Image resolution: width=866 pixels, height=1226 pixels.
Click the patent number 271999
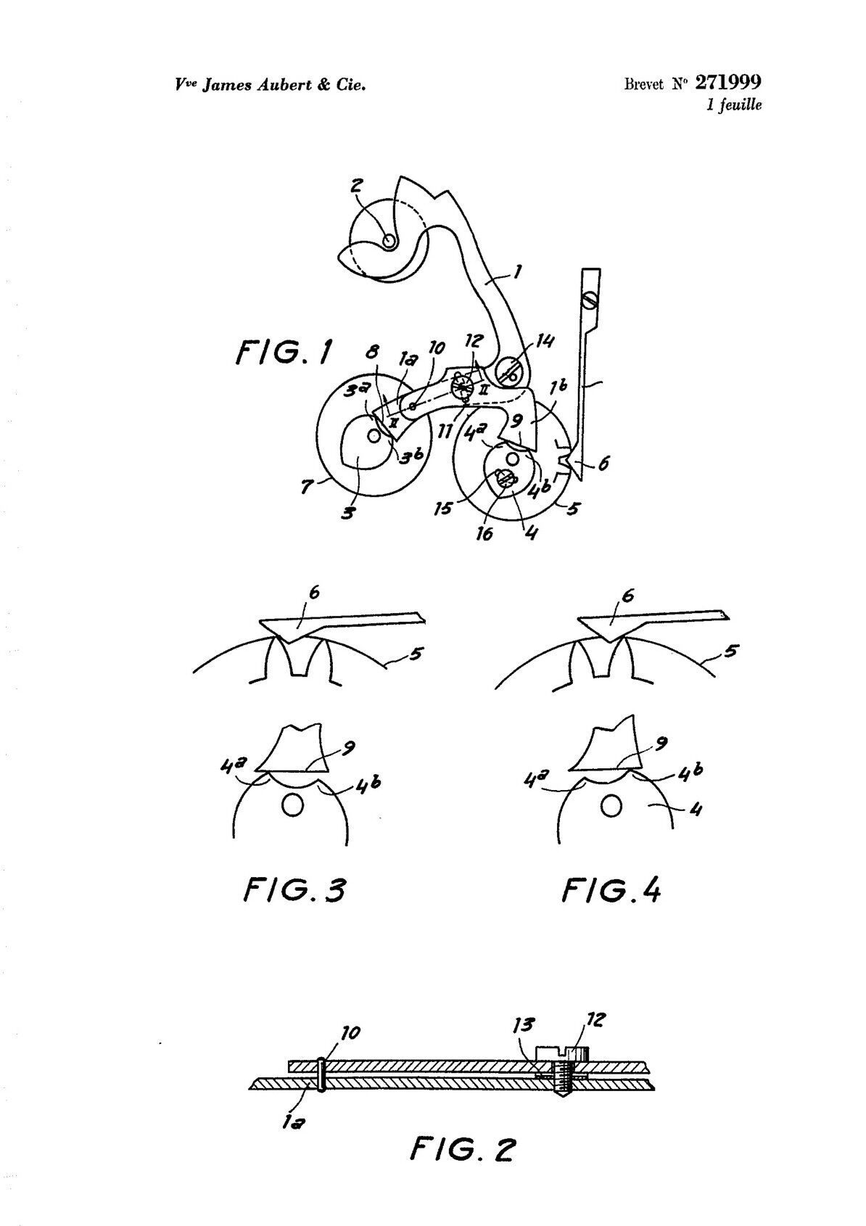(728, 82)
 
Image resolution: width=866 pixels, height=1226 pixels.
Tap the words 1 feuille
(734, 104)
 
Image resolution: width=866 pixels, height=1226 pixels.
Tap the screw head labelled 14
(512, 375)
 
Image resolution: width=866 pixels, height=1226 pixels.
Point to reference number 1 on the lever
(518, 270)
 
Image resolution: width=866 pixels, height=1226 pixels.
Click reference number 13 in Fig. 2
(524, 1024)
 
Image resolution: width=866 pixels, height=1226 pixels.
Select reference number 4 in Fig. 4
(695, 808)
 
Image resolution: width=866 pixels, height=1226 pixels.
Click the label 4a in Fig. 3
(231, 766)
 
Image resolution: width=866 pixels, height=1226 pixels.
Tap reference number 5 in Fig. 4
(732, 651)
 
